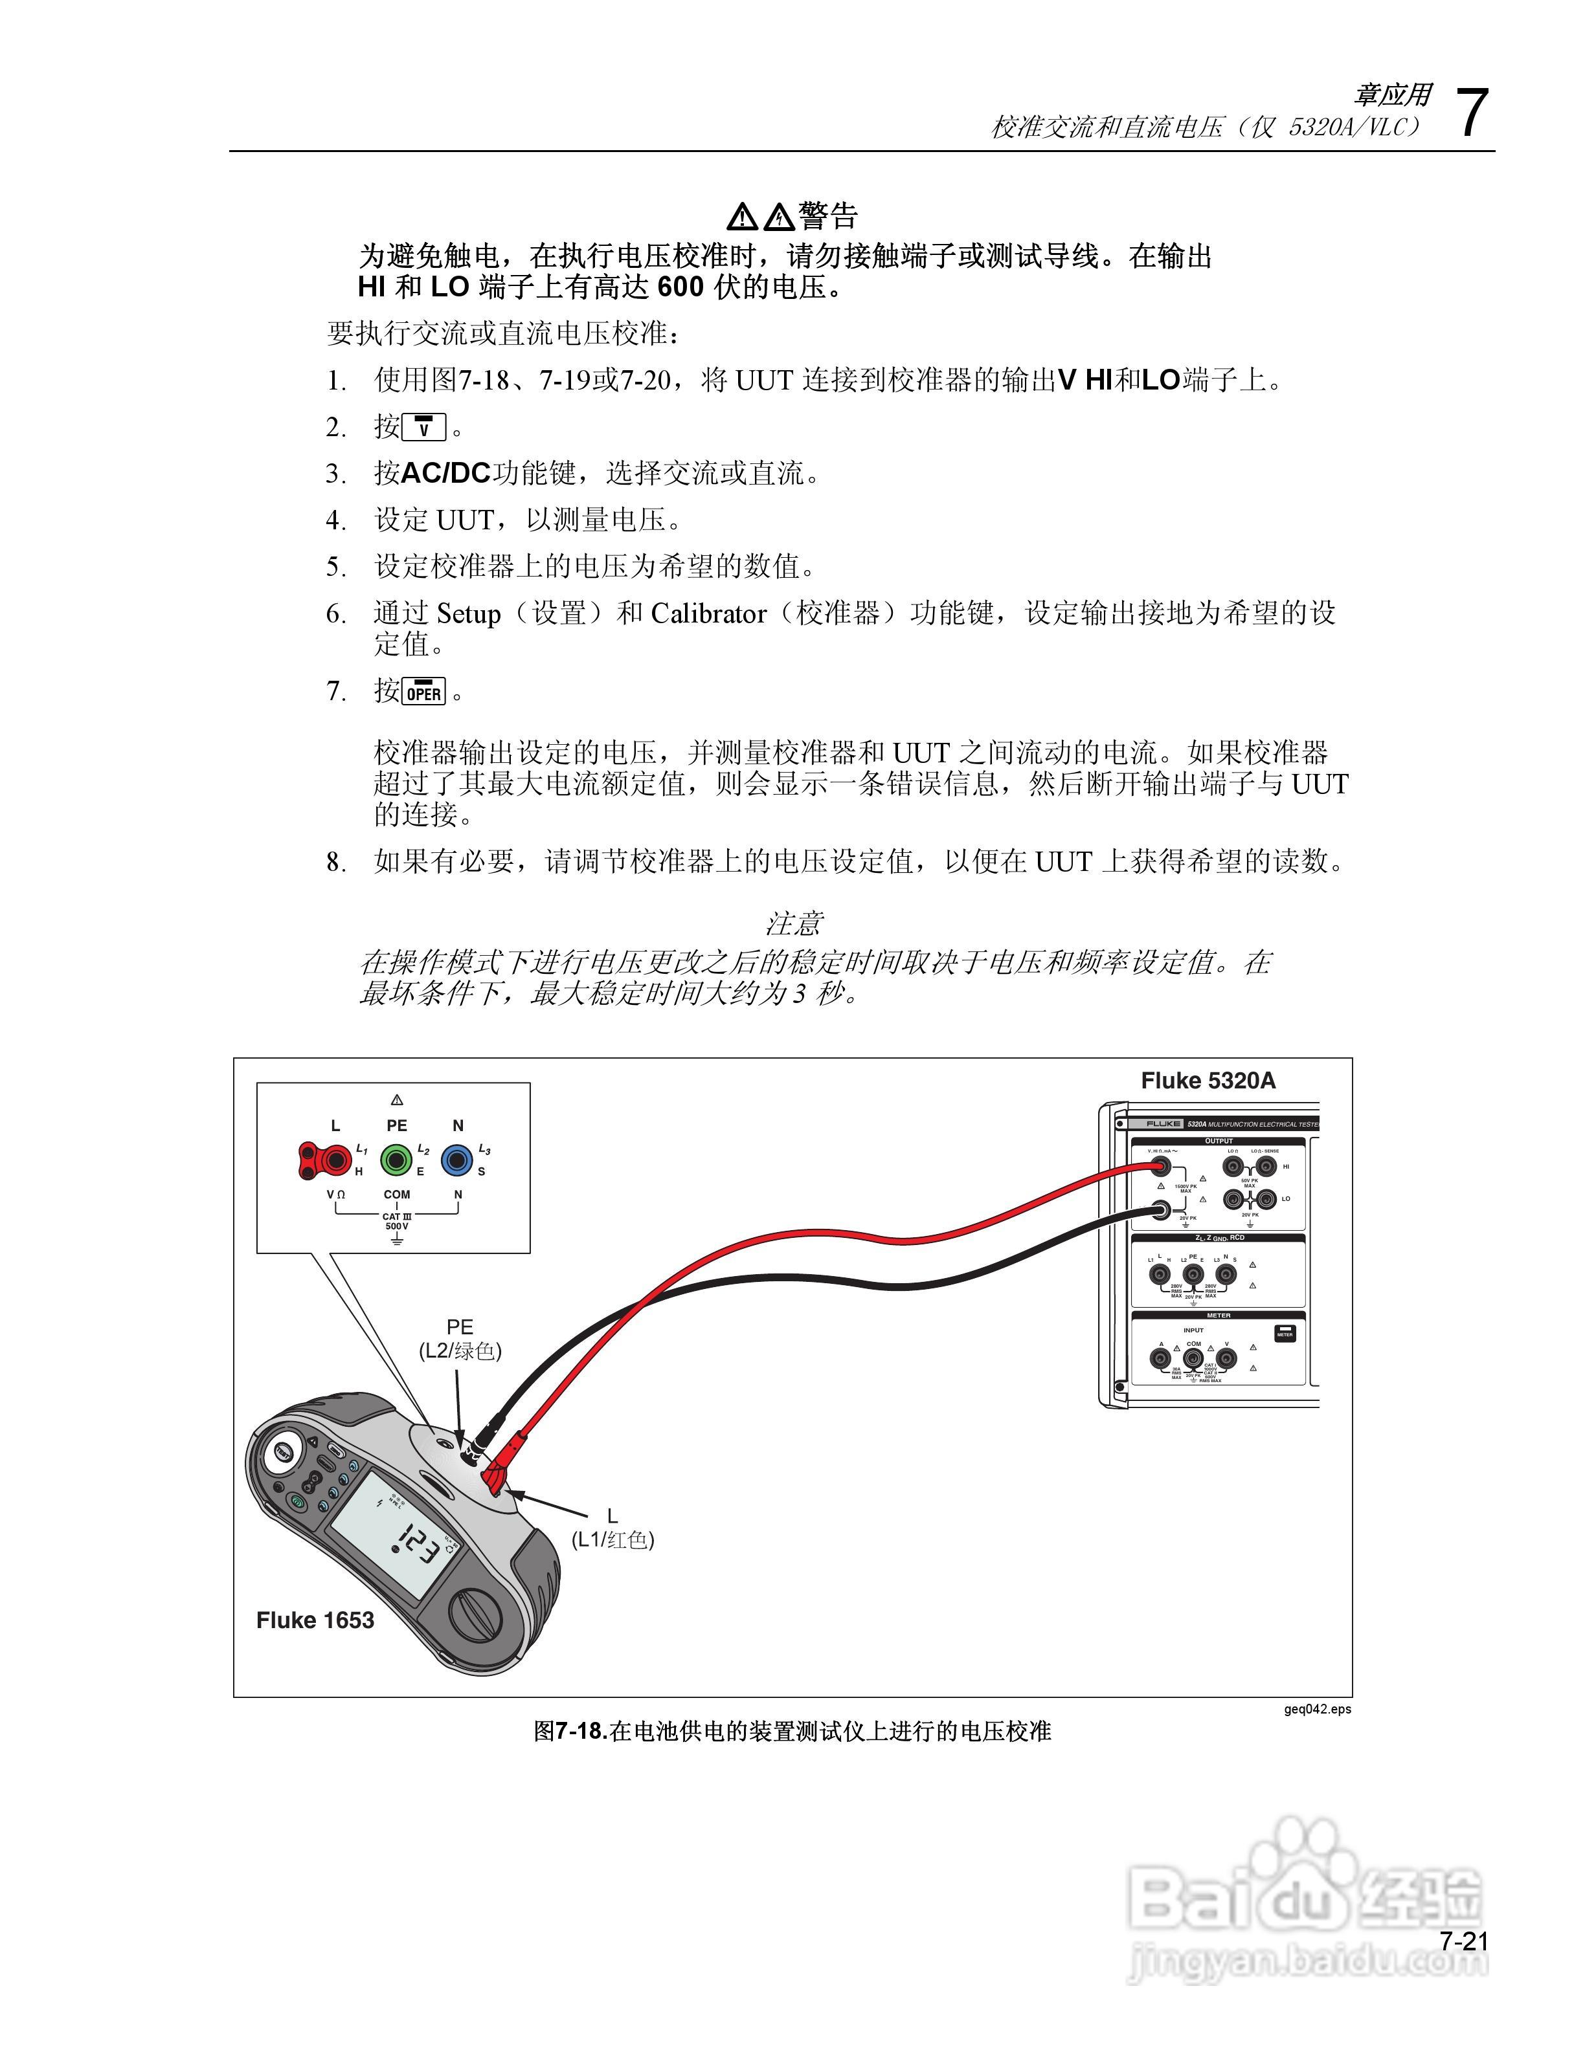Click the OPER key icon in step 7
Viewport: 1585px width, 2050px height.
(x=423, y=692)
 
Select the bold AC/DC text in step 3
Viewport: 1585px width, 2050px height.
(x=446, y=473)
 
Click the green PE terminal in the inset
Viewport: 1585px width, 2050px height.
(x=396, y=1161)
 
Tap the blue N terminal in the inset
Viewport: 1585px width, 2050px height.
(x=457, y=1161)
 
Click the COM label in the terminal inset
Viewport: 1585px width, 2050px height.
(x=396, y=1195)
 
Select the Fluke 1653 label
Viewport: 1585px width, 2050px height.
(x=315, y=1620)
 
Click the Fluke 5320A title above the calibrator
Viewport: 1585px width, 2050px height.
(x=1208, y=1081)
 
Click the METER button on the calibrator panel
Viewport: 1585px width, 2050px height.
(x=1285, y=1334)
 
